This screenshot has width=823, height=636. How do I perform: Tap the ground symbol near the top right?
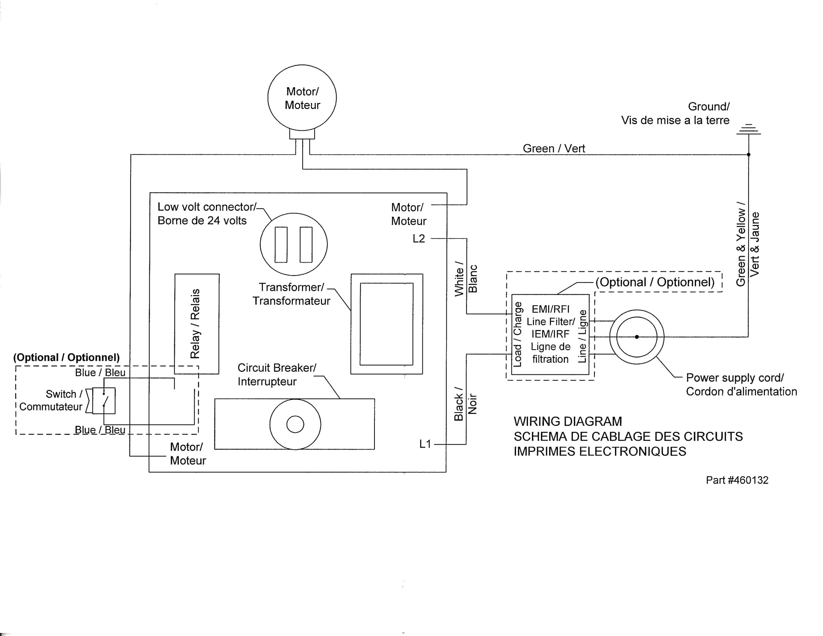pos(749,129)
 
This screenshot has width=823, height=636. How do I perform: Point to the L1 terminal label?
pos(425,444)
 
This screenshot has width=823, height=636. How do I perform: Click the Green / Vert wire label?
pos(554,149)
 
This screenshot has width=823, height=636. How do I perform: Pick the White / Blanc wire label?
pos(466,279)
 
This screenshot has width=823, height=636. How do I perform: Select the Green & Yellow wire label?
pos(748,244)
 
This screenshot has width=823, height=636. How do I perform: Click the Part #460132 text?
pos(737,480)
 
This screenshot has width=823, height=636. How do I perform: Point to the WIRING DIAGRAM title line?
pos(568,421)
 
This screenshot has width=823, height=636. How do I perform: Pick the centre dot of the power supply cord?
pos(637,337)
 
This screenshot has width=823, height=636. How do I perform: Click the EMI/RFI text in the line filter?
pos(551,309)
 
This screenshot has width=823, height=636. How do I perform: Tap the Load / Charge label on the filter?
pos(517,334)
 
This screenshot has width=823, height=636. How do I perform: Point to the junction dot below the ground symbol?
pos(749,155)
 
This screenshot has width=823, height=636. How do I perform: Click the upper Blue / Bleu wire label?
pos(100,372)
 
